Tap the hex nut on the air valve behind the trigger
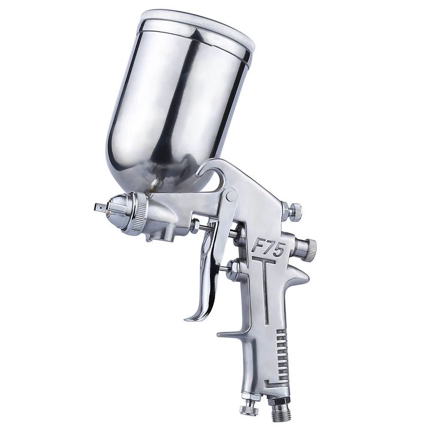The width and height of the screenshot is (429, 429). pos(233,270)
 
